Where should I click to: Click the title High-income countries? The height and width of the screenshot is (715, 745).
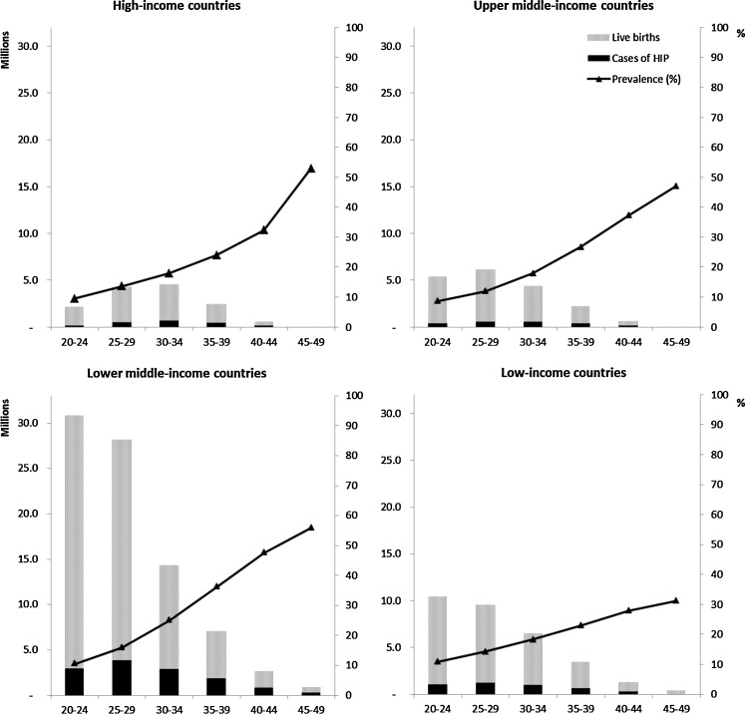(x=183, y=8)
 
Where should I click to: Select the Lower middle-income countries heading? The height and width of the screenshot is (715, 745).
(x=184, y=373)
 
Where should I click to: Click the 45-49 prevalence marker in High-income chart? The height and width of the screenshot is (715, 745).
(x=311, y=169)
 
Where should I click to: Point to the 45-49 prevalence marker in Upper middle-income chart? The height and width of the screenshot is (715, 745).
(x=675, y=186)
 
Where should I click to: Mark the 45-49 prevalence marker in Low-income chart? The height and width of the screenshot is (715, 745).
(x=675, y=600)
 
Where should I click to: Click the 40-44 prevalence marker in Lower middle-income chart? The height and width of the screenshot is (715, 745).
(x=264, y=552)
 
